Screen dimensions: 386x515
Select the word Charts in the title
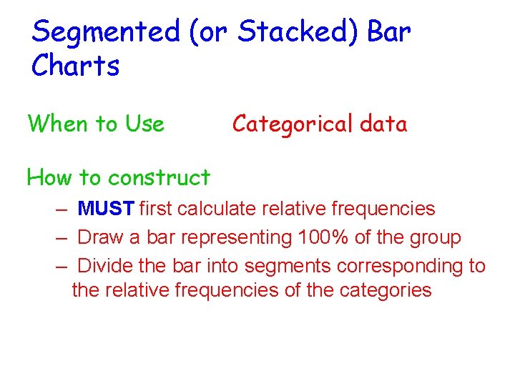(75, 66)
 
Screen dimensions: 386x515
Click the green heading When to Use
(96, 124)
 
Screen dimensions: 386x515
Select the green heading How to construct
(118, 177)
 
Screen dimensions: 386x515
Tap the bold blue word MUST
(106, 209)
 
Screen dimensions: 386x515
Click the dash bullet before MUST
(64, 209)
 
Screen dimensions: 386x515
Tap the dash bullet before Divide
(64, 267)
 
